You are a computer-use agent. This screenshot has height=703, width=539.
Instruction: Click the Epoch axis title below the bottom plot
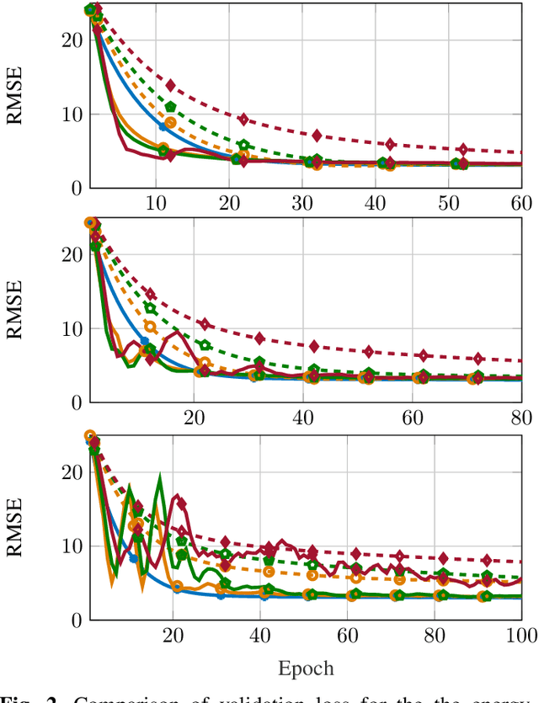pos(305,668)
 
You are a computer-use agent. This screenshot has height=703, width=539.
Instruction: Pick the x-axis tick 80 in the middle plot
pos(521,419)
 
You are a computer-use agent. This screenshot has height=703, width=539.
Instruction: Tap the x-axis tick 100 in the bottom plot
pos(518,636)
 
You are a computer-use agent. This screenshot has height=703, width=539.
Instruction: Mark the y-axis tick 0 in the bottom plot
pos(75,620)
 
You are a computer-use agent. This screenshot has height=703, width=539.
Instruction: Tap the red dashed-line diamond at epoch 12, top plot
pos(170,86)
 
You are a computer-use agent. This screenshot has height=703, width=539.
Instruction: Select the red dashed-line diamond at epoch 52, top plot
pos(462,149)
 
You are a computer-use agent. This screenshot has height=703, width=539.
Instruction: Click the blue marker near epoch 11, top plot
pos(163,126)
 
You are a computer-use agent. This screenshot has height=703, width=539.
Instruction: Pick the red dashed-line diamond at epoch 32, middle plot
pos(259,338)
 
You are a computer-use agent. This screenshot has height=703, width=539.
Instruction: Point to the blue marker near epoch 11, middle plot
pos(144,340)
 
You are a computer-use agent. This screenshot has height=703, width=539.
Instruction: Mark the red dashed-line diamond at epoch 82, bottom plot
pos(443,558)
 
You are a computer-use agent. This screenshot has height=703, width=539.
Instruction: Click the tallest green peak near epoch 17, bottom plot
pos(157,477)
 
